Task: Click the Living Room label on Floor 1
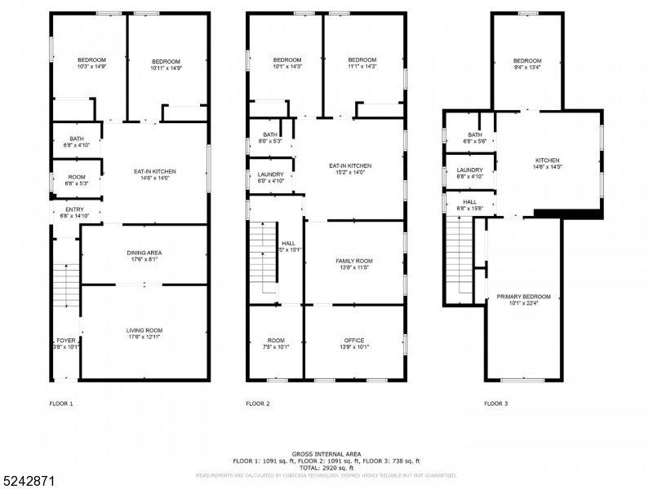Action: (144, 330)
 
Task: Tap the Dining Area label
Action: (144, 253)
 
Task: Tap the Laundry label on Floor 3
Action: (469, 170)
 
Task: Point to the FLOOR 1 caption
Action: (61, 403)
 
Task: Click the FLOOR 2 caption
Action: (258, 403)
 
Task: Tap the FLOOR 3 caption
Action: (495, 403)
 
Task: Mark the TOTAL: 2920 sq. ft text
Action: (326, 468)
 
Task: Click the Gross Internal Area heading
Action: (326, 454)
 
